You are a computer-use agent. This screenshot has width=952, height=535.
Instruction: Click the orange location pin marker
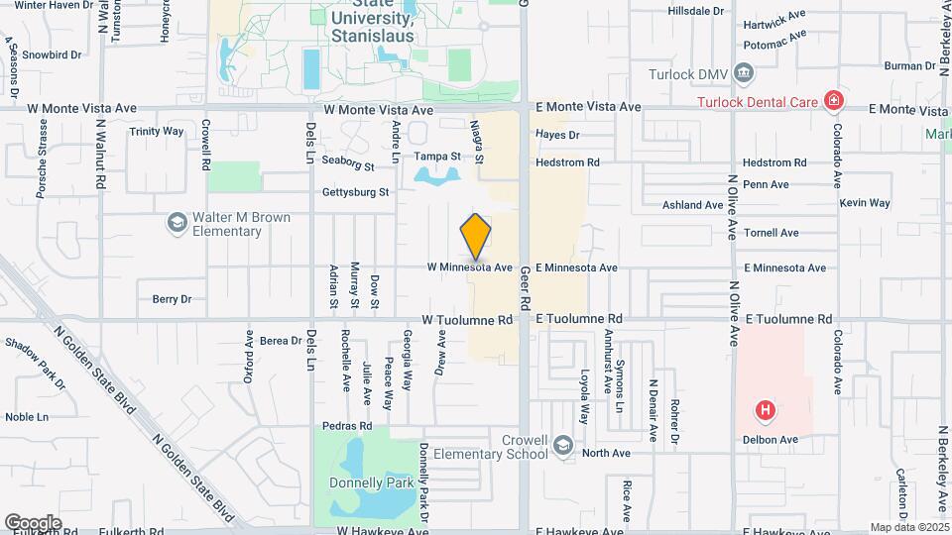(x=476, y=236)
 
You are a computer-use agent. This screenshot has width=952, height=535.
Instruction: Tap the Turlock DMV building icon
(x=745, y=72)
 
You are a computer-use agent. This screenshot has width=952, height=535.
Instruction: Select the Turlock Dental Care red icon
(x=835, y=100)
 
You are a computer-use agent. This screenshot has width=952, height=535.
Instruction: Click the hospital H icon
(x=765, y=408)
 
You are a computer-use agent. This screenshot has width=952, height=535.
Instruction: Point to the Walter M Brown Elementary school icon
(x=177, y=223)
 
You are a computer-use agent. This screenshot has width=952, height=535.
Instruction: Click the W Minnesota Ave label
(x=470, y=267)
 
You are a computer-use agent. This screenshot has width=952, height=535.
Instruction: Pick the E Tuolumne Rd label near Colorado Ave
(x=788, y=319)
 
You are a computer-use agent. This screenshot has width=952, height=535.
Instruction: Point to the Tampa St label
(x=437, y=157)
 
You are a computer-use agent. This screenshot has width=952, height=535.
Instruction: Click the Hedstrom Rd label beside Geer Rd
(x=567, y=161)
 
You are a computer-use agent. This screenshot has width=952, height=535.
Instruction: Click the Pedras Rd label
(x=347, y=426)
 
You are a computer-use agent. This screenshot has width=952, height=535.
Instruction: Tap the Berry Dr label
(x=172, y=298)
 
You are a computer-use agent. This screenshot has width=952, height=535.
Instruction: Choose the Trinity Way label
(x=157, y=131)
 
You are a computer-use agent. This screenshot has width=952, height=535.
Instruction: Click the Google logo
(x=33, y=522)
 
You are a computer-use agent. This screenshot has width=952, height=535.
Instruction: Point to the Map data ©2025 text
(x=909, y=527)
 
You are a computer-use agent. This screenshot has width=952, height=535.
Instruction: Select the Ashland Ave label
(x=693, y=205)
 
